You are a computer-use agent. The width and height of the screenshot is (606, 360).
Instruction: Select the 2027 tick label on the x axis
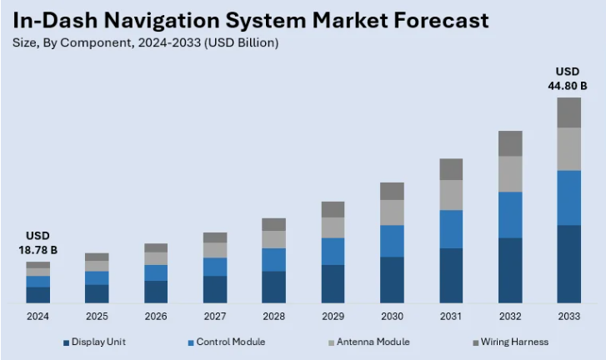215,317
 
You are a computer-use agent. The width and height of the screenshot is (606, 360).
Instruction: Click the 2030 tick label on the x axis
392,317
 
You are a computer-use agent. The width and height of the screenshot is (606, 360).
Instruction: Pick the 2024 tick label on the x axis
38,317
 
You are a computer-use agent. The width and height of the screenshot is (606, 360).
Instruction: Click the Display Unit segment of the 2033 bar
568,263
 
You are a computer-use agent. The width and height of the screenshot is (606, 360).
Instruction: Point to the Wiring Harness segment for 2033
568,112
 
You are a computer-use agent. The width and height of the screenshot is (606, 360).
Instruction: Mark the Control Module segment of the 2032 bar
510,215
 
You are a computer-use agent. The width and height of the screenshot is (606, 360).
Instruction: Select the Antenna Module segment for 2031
451,195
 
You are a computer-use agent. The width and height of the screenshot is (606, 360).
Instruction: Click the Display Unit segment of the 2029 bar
333,283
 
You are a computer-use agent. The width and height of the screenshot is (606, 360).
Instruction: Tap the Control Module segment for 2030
392,241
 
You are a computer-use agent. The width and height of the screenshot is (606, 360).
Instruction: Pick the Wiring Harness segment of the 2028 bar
273,224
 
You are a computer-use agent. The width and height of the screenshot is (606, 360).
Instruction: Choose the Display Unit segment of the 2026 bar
156,292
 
